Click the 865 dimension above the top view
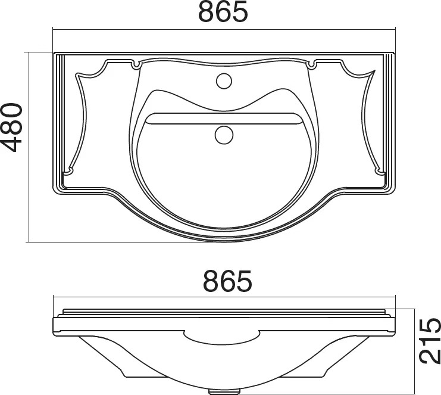pos(223,11)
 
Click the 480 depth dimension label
pos(11,128)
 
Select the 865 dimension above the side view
pos(227,281)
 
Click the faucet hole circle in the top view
pos(224,81)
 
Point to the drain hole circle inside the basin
pos(224,135)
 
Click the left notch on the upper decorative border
pos(136,65)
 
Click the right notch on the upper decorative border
pos(311,64)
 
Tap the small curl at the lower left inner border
pos(68,171)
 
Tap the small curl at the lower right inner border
pos(379,171)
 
